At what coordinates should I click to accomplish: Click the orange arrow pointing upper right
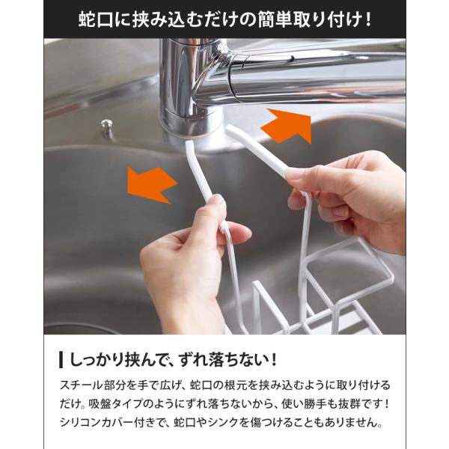289,125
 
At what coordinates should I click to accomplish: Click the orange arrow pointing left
152,185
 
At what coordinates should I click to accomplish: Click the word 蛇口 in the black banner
96,19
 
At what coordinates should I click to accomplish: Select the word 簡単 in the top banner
275,19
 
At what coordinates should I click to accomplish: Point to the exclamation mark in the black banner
368,19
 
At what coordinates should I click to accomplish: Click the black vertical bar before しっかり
61,359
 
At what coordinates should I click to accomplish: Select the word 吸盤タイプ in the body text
116,404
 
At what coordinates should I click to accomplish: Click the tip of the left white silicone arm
189,142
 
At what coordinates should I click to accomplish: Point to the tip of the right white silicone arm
229,129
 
